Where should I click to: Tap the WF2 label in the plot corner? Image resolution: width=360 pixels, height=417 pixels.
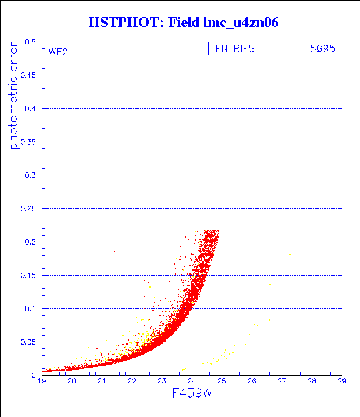tap(58, 52)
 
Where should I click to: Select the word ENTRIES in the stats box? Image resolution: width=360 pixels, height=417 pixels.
tap(235, 49)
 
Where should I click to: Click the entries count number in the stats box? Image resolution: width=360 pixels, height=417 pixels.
tap(323, 49)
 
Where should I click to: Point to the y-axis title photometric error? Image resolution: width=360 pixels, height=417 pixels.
tap(14, 96)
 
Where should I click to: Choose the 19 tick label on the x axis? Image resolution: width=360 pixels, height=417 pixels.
tap(42, 381)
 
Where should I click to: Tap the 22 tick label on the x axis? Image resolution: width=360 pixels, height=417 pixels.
tap(132, 381)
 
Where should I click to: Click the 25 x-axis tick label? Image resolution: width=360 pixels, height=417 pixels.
tap(221, 381)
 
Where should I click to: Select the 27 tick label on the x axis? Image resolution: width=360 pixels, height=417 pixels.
tap(281, 381)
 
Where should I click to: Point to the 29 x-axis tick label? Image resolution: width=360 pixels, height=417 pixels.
tap(341, 381)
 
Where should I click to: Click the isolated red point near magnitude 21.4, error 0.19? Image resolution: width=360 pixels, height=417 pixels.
tap(114, 251)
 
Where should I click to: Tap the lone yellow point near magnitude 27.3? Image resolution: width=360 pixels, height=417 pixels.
tap(289, 254)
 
